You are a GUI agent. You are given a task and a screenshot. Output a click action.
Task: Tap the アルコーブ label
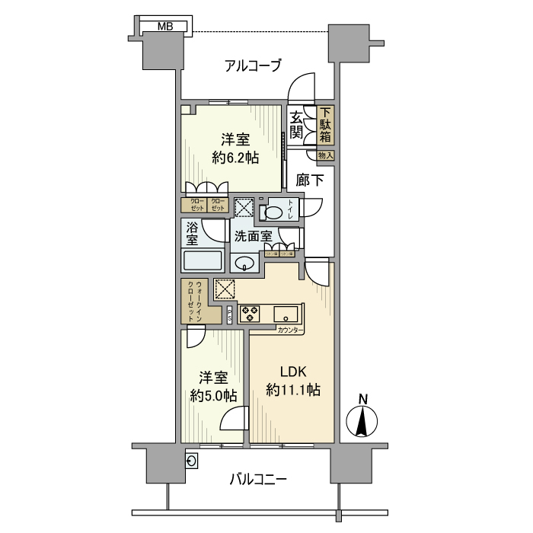pos(254,65)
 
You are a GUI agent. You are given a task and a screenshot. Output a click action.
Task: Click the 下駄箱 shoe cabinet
pos(325,126)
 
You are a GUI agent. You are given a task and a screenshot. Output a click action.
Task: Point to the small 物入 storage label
pos(325,155)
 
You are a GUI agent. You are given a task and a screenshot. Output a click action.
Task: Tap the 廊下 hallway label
pos(310,181)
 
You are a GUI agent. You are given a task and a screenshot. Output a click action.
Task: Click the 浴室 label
pos(190,233)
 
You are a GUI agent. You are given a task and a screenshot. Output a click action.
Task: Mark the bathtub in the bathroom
pos(202,260)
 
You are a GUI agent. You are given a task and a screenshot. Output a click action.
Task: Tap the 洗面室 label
pos(253,236)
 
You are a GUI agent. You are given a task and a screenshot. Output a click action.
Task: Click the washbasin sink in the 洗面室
pos(245,263)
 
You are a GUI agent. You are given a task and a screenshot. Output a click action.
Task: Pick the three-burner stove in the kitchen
pos(250,313)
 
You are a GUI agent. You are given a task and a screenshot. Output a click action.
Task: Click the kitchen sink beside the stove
pos(288,312)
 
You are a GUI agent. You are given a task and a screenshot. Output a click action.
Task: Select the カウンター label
pos(289,330)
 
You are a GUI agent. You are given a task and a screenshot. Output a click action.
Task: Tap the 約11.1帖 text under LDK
pos(293,390)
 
